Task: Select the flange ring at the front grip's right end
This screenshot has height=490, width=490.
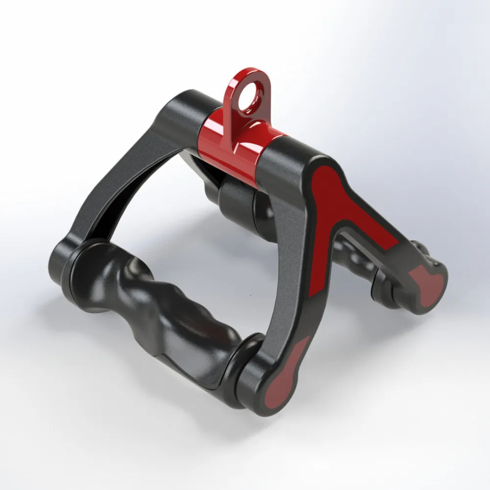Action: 247,363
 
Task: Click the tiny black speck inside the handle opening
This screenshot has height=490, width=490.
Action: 250,295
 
